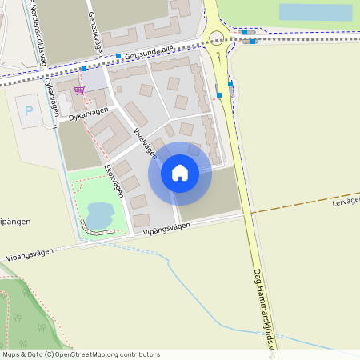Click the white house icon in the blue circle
click(180, 172)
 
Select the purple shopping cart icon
click(78, 90)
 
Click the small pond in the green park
click(98, 214)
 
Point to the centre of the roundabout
click(215, 36)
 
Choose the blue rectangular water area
click(315, 12)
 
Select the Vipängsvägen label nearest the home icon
click(167, 228)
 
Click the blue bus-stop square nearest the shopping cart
click(83, 70)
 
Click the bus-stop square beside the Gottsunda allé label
click(118, 56)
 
